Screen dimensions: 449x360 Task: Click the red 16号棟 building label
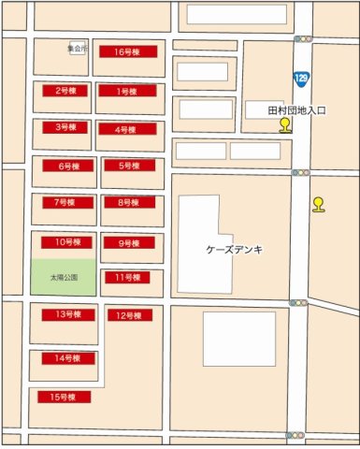pyautogui.click(x=127, y=52)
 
